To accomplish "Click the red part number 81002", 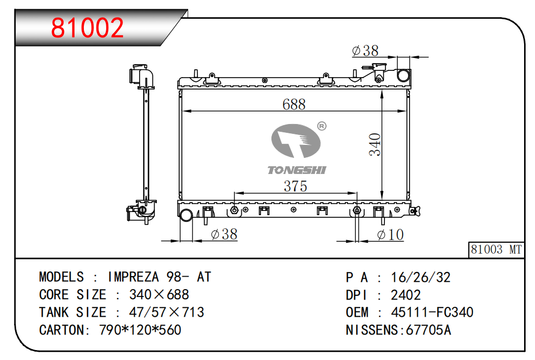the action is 88,28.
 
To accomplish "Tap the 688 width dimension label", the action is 294,104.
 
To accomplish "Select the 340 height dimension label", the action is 375,145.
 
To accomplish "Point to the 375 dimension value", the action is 295,186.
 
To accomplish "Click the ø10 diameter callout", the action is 391,234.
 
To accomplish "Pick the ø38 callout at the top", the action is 365,51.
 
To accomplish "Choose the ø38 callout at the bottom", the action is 224,234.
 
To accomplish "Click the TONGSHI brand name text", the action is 297,170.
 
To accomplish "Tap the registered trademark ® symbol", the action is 322,126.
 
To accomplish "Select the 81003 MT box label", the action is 496,250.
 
